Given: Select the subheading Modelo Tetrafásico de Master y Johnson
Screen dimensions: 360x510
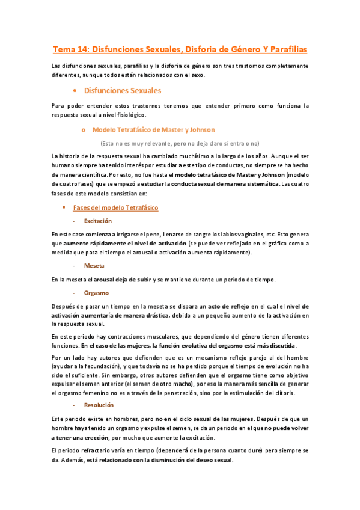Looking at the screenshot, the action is coord(153,129).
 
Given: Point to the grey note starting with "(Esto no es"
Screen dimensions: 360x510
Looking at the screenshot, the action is coord(180,143).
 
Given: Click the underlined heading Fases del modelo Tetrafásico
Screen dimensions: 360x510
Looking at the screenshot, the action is coord(115,207).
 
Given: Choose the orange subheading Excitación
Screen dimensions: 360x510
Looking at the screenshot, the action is coord(98,221).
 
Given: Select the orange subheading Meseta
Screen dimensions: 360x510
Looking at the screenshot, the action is coord(94,265).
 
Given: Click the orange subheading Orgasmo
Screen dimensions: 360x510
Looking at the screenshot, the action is coord(96,293).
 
